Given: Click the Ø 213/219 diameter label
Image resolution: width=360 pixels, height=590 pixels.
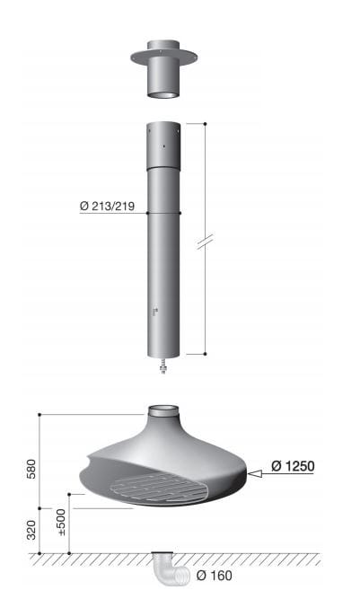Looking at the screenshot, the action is click(x=107, y=206).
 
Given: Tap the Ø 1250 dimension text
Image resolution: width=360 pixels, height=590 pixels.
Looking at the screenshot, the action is click(x=293, y=466).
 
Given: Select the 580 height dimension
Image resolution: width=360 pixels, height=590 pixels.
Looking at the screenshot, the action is click(x=31, y=469).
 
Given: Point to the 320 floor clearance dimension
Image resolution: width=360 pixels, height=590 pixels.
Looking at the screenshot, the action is click(x=31, y=530).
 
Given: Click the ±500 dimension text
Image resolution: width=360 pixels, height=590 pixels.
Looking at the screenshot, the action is click(x=60, y=523).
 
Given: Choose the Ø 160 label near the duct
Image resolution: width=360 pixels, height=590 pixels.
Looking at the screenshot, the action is click(x=214, y=576).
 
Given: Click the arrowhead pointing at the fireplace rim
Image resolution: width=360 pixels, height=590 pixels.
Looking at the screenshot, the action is click(x=255, y=474).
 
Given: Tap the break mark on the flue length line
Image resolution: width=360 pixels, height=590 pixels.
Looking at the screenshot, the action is click(x=205, y=242).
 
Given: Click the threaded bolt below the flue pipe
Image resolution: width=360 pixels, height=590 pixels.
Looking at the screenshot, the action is click(x=163, y=365).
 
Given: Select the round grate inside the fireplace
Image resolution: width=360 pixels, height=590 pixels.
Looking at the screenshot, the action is click(x=158, y=488).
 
